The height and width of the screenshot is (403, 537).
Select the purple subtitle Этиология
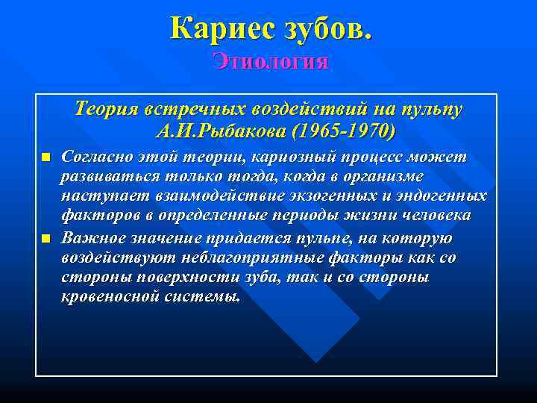click(269, 61)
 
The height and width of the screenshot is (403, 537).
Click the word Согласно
click(96, 158)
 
